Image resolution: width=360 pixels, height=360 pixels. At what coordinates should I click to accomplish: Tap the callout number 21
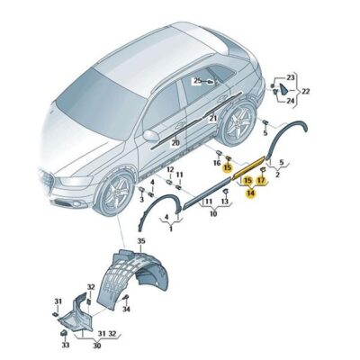pyautogui.click(x=213, y=117)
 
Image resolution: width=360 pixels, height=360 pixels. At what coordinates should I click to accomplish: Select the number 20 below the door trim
pyautogui.click(x=175, y=142)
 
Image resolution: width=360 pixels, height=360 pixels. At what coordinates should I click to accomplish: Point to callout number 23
pyautogui.click(x=290, y=78)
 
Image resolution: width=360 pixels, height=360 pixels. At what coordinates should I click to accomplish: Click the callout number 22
pyautogui.click(x=305, y=92)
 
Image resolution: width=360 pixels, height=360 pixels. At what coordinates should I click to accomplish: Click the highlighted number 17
pyautogui.click(x=261, y=180)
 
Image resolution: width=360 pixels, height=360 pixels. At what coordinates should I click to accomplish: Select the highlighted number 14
pyautogui.click(x=251, y=192)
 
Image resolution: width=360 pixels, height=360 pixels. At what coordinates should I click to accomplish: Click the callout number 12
pyautogui.click(x=170, y=169)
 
